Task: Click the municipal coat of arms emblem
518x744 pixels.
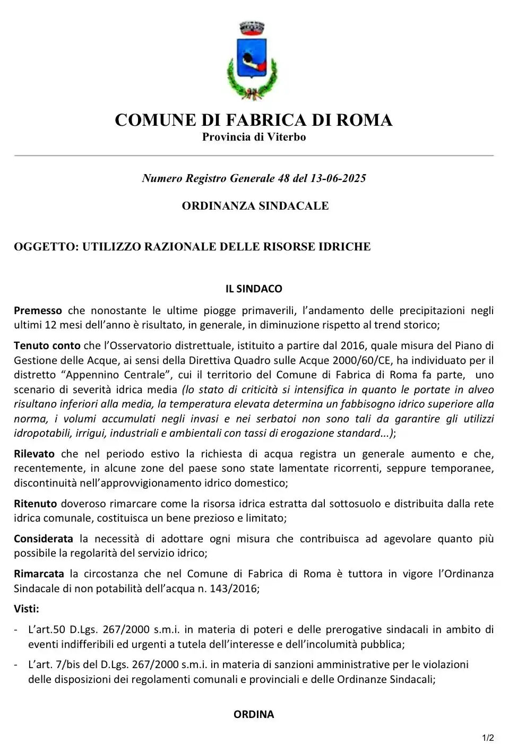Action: pos(252,61)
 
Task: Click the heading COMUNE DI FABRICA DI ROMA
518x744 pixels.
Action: pos(254,120)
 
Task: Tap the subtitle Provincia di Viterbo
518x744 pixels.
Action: pos(254,137)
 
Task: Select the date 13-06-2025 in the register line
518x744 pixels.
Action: pos(338,178)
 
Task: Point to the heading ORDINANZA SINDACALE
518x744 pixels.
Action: pos(255,206)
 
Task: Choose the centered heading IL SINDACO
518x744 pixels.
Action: pos(254,289)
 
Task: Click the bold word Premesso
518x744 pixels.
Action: pos(38,310)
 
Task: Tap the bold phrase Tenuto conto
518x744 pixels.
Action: pos(47,345)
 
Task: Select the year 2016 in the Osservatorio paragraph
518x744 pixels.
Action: pos(353,345)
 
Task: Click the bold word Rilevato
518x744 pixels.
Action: pos(34,454)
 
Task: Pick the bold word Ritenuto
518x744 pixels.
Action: pos(35,504)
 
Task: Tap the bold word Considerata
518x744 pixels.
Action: pos(44,539)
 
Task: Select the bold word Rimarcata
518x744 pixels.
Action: pos(39,574)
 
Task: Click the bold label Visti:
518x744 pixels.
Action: pos(27,609)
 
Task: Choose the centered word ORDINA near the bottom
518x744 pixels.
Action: pos(254,714)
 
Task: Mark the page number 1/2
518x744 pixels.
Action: pos(488,738)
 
